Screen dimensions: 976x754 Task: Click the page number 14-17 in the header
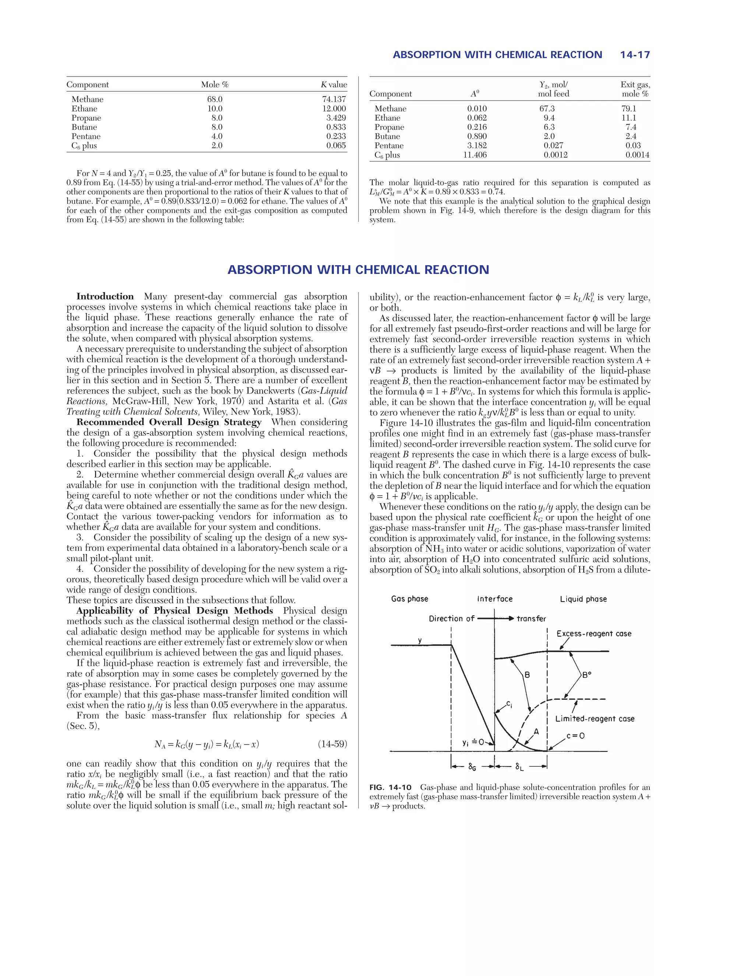635,55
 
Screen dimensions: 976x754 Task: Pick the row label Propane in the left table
86,118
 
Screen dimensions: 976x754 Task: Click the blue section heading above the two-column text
358,270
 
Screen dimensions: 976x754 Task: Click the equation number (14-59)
332,744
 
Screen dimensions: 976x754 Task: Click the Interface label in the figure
494,599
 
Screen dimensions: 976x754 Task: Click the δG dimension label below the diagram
472,767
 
